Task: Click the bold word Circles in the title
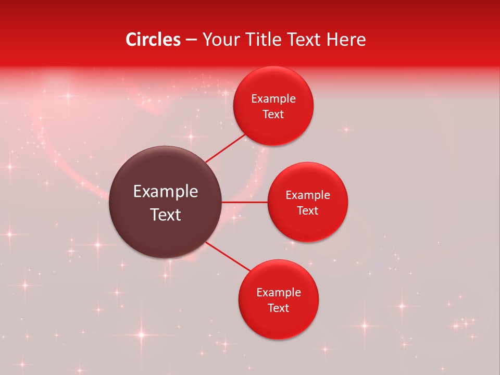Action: click(153, 40)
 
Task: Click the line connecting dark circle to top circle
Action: click(226, 149)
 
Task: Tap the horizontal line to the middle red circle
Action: click(245, 202)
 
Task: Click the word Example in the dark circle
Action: click(166, 192)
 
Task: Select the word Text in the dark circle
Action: click(166, 215)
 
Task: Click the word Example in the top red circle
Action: click(273, 99)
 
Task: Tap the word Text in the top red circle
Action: click(273, 115)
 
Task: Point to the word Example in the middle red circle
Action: click(308, 195)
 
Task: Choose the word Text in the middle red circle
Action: click(308, 211)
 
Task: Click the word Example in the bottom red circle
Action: click(279, 293)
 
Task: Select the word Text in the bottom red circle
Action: click(279, 308)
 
